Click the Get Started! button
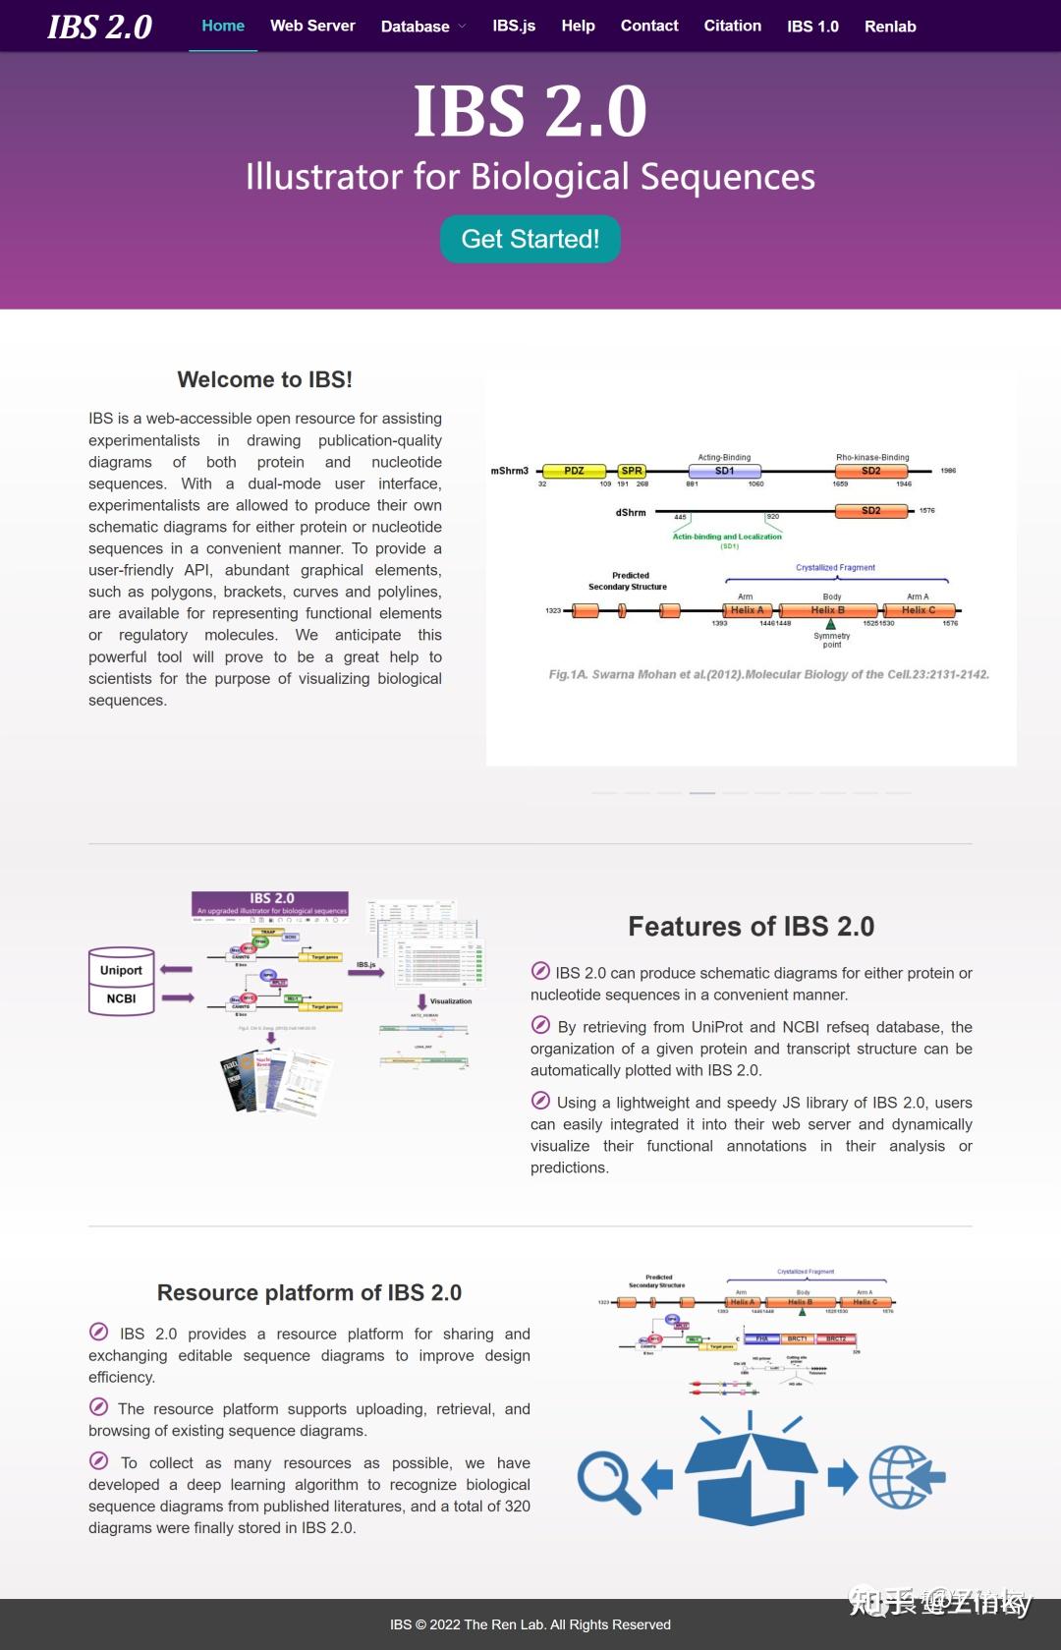click(x=530, y=239)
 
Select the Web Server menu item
click(x=312, y=26)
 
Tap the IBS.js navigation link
click(x=514, y=26)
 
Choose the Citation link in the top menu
click(x=732, y=26)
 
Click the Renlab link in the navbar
click(x=890, y=27)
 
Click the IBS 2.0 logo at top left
click(x=100, y=27)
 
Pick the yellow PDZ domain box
click(x=574, y=471)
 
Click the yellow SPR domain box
click(x=632, y=471)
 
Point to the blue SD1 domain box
click(x=724, y=471)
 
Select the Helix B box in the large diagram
click(x=827, y=610)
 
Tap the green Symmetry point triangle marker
click(x=831, y=624)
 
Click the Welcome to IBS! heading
click(x=264, y=379)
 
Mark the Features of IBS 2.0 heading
click(x=751, y=926)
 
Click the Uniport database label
click(x=121, y=970)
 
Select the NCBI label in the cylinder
click(x=121, y=998)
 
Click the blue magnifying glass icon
click(x=606, y=1480)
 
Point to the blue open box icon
click(x=751, y=1474)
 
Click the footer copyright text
click(x=530, y=1624)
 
